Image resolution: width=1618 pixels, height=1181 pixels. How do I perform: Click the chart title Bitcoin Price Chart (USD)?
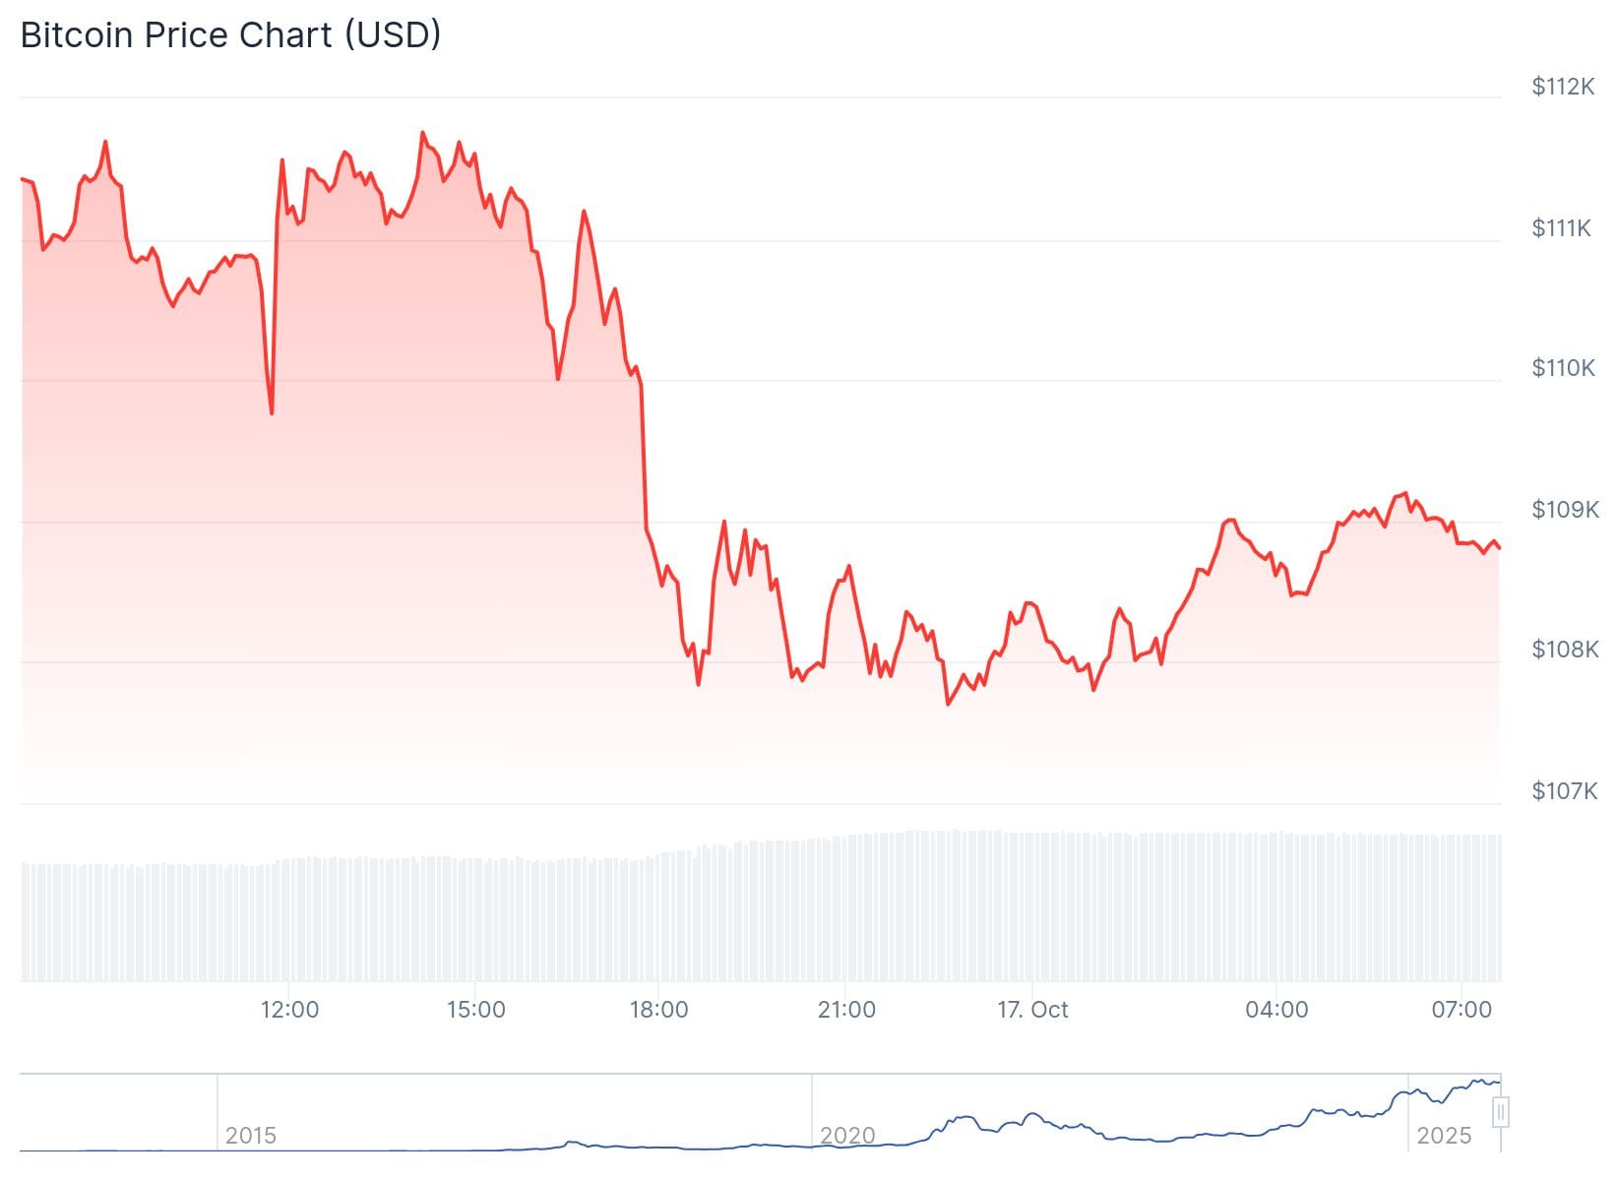(x=230, y=35)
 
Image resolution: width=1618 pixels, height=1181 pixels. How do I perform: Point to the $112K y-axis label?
(x=1563, y=87)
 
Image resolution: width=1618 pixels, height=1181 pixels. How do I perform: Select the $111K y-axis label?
(x=1561, y=228)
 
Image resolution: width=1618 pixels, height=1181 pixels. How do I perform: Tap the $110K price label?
(x=1563, y=368)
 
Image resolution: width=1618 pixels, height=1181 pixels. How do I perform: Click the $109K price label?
(x=1565, y=509)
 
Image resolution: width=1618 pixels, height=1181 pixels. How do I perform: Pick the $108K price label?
(x=1565, y=649)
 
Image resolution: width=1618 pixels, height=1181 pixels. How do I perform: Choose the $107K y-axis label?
(x=1565, y=790)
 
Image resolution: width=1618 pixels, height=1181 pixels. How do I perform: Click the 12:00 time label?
(x=289, y=1010)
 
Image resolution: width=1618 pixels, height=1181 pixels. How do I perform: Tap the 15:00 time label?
(x=475, y=1010)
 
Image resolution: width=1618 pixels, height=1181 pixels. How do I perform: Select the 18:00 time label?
(x=658, y=1010)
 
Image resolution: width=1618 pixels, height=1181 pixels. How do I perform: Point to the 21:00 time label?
(x=846, y=1010)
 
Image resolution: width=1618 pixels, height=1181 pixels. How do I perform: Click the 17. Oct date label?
(x=1032, y=1010)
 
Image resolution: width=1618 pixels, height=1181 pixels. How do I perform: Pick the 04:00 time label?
(x=1276, y=1010)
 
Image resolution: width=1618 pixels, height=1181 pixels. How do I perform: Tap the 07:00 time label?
(x=1462, y=1010)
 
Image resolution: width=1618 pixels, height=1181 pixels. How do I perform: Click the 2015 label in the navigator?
(x=251, y=1136)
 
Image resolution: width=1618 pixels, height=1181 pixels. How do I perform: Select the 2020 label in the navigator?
(x=847, y=1136)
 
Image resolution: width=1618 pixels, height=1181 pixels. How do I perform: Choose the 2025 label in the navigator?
(x=1444, y=1136)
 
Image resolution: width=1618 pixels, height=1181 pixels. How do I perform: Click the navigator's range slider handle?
(x=1501, y=1113)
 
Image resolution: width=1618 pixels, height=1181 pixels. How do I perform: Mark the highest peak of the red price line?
(x=422, y=133)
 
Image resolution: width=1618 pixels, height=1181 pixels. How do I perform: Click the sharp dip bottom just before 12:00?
(x=272, y=412)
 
